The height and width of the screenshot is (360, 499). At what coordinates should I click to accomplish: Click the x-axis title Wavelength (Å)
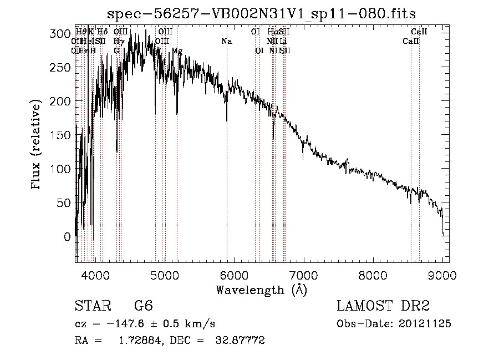pyautogui.click(x=262, y=289)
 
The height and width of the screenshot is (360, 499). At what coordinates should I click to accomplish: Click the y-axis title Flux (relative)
pyautogui.click(x=37, y=146)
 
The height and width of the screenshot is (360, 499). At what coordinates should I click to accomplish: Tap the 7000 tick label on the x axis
pyautogui.click(x=303, y=275)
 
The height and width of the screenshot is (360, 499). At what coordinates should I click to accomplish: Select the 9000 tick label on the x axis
pyautogui.click(x=442, y=275)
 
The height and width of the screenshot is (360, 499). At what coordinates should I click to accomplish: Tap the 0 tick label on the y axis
pyautogui.click(x=68, y=237)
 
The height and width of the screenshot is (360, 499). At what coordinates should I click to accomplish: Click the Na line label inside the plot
pyautogui.click(x=226, y=42)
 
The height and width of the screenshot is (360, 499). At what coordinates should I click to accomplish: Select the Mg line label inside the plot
pyautogui.click(x=177, y=51)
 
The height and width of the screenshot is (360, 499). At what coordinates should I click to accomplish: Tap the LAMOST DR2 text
pyautogui.click(x=383, y=306)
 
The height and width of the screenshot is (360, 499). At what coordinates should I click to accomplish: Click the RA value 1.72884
pyautogui.click(x=136, y=340)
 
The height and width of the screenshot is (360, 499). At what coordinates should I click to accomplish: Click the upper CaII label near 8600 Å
pyautogui.click(x=419, y=32)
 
